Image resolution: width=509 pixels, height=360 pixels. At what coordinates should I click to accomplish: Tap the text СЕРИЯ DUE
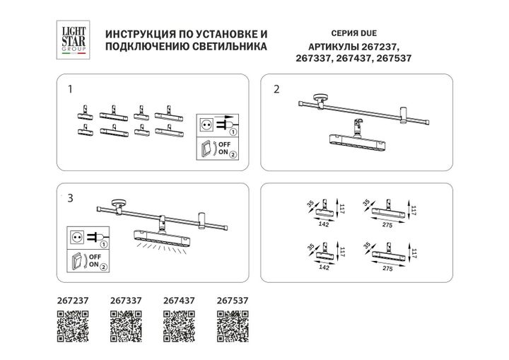(353, 33)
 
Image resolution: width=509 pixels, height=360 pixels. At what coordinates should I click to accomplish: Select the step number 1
(69, 90)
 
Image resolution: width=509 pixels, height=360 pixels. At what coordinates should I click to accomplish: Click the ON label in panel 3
(93, 265)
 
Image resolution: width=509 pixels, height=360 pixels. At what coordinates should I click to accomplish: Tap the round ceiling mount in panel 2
(322, 98)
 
